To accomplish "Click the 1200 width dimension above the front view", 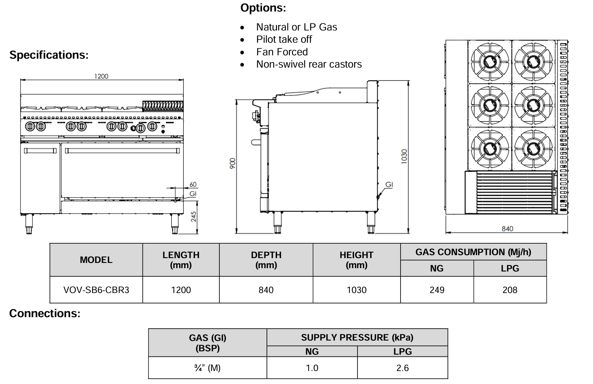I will (101, 76).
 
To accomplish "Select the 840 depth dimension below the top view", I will (507, 229).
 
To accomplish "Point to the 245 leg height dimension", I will (193, 217).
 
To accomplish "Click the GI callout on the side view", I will (389, 185).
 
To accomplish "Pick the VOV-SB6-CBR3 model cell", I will (96, 290).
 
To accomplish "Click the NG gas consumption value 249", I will (437, 290).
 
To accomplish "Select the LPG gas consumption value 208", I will (510, 290).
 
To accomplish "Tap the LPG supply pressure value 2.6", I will (402, 368).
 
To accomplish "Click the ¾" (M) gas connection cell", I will (207, 368).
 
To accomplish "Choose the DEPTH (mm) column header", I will (266, 260).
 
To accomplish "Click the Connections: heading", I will (45, 313).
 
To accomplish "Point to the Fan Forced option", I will (282, 52).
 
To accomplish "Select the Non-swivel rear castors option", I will (309, 64).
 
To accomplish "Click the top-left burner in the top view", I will (490, 61).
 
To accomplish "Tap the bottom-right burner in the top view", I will (533, 149).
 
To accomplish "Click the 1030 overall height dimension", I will (404, 156).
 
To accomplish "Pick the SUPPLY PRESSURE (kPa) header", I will (357, 338).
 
